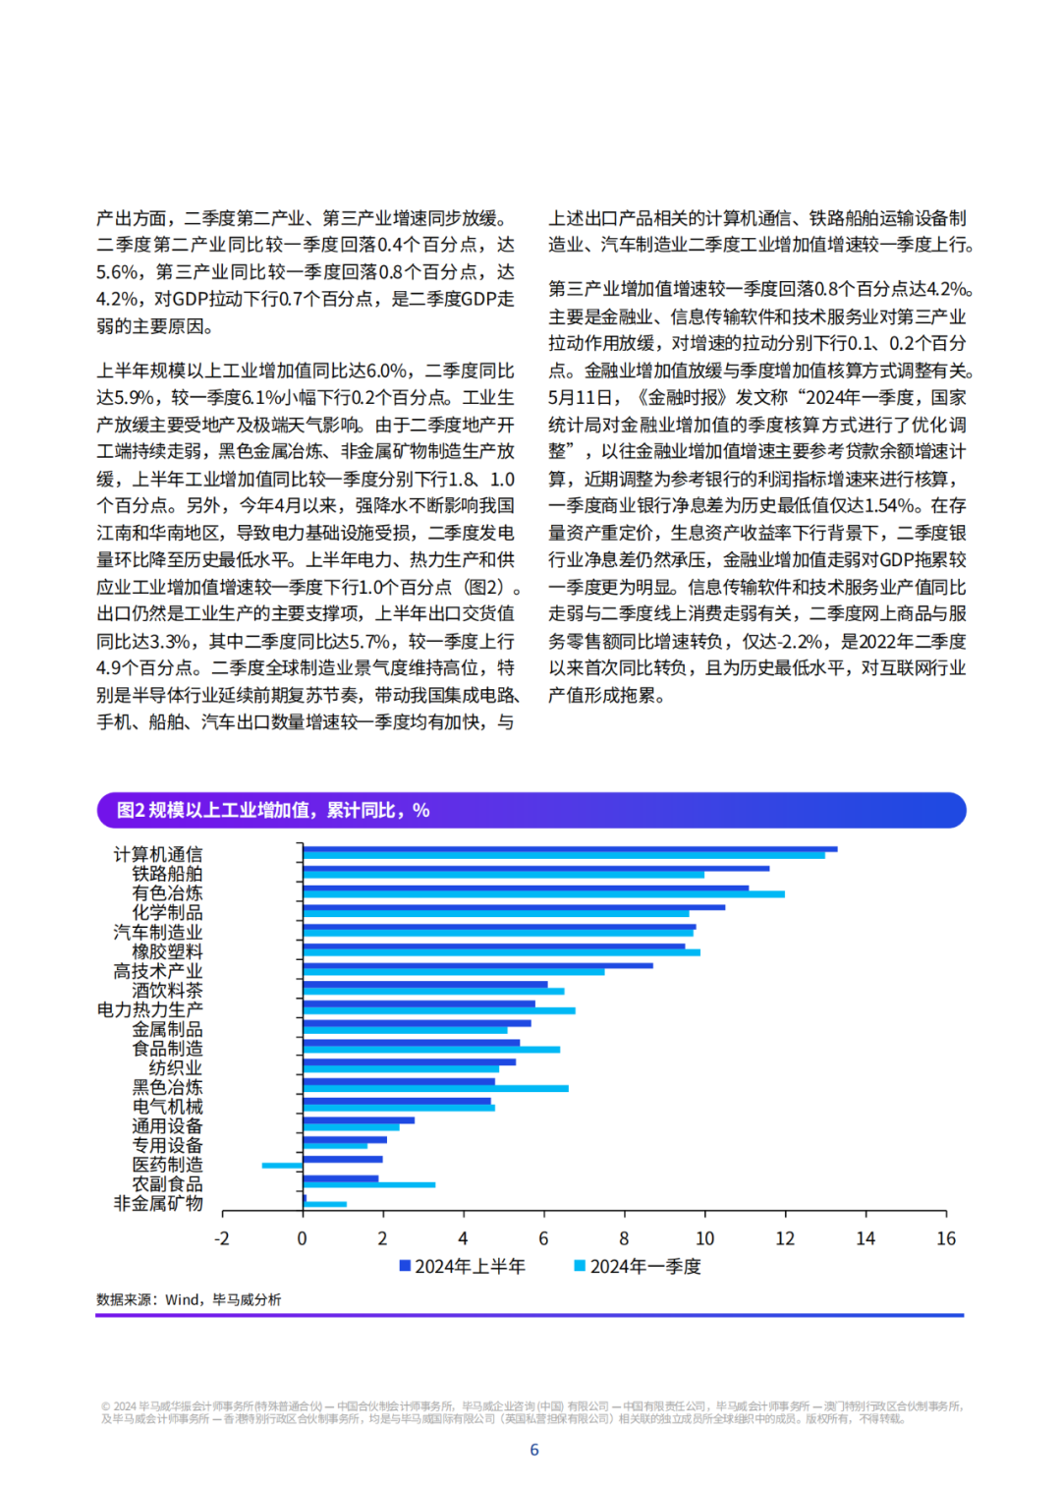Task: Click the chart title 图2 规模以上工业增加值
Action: [x=272, y=810]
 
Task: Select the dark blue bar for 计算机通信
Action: [x=570, y=849]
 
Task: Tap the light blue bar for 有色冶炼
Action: [x=544, y=894]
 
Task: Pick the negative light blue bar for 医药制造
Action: [x=283, y=1165]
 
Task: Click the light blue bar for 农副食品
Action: [x=369, y=1184]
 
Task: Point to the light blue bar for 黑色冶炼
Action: [x=435, y=1088]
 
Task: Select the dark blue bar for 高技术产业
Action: [x=478, y=965]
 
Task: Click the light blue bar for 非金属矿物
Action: [x=324, y=1204]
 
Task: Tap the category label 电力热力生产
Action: [x=149, y=1009]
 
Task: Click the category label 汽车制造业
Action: [x=158, y=932]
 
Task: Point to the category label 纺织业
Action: [x=176, y=1067]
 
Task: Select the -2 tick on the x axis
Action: [x=222, y=1238]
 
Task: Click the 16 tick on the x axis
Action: [x=946, y=1238]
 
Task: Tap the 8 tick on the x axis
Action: [x=624, y=1238]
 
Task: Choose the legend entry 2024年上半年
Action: [x=463, y=1266]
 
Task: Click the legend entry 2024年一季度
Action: [x=639, y=1266]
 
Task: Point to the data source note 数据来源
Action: [x=189, y=1299]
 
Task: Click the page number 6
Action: [x=533, y=1450]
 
